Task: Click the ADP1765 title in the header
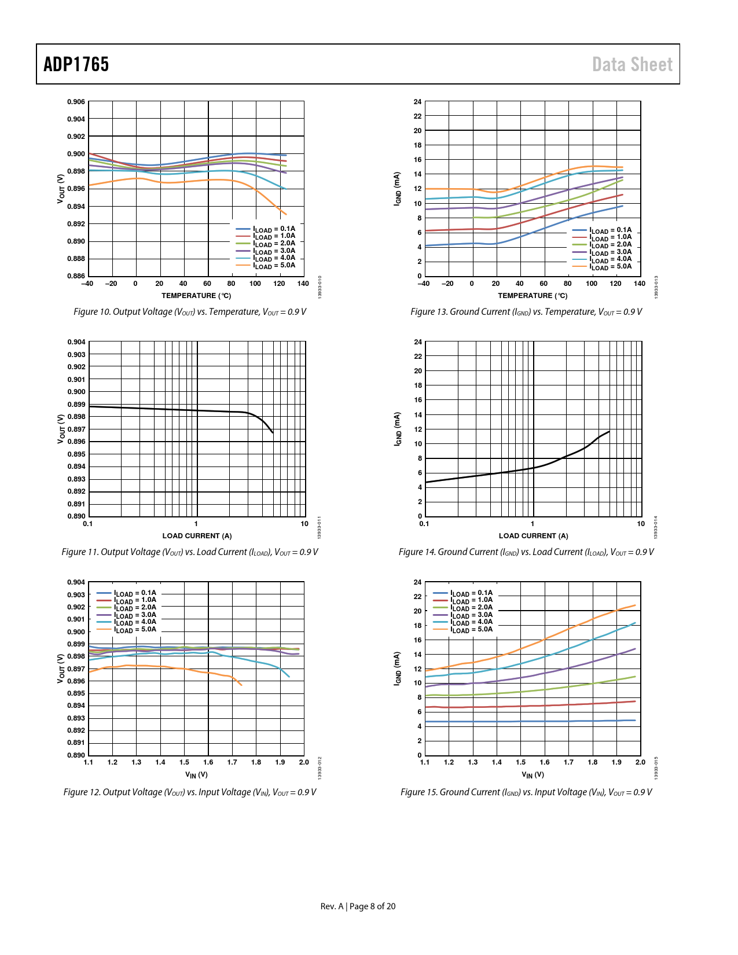pyautogui.click(x=76, y=64)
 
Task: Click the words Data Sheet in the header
pyautogui.click(x=632, y=64)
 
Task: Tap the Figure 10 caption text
pyautogui.click(x=190, y=312)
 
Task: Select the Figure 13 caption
pyautogui.click(x=526, y=312)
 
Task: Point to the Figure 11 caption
pyautogui.click(x=190, y=552)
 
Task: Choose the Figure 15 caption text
pyautogui.click(x=526, y=792)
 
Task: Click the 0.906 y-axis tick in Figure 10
pyautogui.click(x=76, y=102)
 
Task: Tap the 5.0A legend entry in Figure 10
pyautogui.click(x=274, y=266)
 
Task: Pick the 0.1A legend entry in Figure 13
pyautogui.click(x=611, y=230)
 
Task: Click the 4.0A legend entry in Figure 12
pyautogui.click(x=135, y=622)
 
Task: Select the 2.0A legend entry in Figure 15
pyautogui.click(x=472, y=608)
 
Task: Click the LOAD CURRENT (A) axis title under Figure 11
pyautogui.click(x=197, y=536)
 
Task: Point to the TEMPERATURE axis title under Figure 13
pyautogui.click(x=533, y=296)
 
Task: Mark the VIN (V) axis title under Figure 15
pyautogui.click(x=533, y=775)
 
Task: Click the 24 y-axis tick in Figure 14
pyautogui.click(x=418, y=342)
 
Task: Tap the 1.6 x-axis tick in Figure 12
pyautogui.click(x=208, y=762)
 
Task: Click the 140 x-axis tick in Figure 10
pyautogui.click(x=303, y=284)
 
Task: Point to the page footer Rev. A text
pyautogui.click(x=332, y=906)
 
